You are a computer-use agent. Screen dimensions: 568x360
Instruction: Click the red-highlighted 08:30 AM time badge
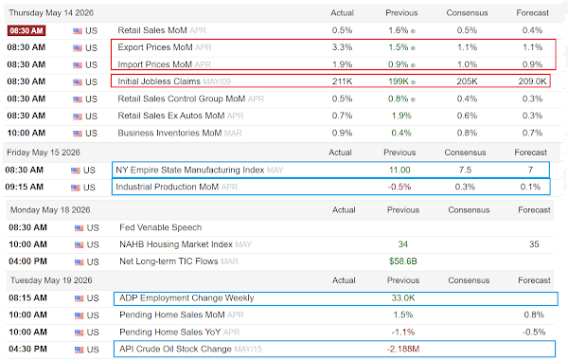(27, 30)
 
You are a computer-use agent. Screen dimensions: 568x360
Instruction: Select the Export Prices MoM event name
(155, 47)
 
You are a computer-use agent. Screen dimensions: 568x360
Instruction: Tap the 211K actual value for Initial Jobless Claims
(343, 81)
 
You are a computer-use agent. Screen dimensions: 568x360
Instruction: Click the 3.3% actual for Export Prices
(343, 47)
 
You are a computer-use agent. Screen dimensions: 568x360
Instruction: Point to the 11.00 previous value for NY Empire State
(399, 170)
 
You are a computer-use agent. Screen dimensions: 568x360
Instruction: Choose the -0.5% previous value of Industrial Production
(399, 187)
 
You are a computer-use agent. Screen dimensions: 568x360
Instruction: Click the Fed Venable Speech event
(161, 227)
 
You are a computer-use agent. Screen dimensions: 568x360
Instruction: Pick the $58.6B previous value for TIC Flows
(403, 261)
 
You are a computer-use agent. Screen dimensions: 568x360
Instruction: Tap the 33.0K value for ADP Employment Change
(403, 298)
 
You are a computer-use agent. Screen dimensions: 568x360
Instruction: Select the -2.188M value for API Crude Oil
(403, 350)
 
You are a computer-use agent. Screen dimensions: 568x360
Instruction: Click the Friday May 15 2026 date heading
(44, 153)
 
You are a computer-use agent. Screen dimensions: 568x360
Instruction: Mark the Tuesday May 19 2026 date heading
(51, 280)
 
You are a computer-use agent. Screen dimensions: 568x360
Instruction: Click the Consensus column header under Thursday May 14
(467, 13)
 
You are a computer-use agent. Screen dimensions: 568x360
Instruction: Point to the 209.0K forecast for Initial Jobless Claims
(532, 81)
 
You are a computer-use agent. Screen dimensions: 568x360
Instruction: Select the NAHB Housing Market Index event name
(176, 244)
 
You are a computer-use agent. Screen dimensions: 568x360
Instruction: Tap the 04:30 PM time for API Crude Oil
(27, 350)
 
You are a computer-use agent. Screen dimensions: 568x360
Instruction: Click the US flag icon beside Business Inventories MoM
(78, 134)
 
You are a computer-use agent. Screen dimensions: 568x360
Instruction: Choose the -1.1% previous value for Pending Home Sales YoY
(403, 333)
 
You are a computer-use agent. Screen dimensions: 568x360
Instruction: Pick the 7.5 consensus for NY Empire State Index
(465, 170)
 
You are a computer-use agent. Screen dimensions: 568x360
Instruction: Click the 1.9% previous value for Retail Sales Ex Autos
(401, 116)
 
